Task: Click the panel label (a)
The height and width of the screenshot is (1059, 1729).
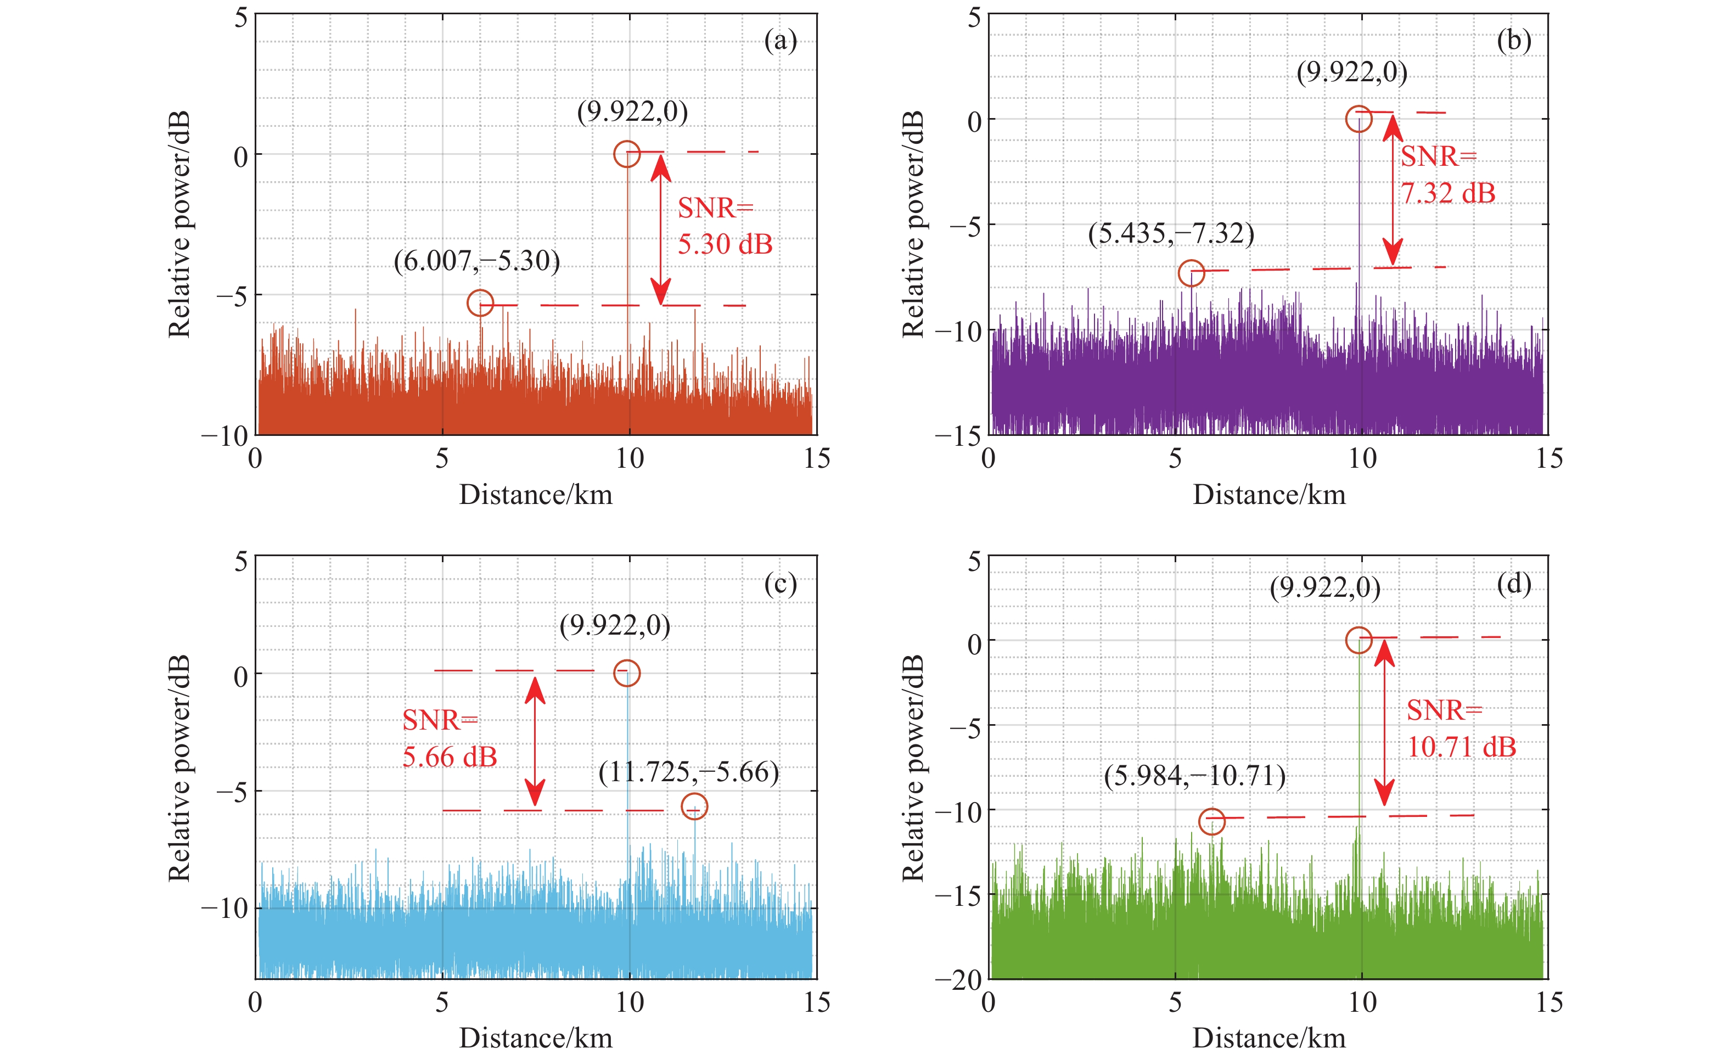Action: (x=781, y=41)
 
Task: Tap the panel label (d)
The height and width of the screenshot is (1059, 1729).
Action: (x=1514, y=584)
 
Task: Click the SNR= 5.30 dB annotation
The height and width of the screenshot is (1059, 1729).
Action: (x=724, y=226)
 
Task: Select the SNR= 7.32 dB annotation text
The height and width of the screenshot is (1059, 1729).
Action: (x=1447, y=174)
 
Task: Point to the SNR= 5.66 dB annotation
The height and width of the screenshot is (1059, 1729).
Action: (x=449, y=738)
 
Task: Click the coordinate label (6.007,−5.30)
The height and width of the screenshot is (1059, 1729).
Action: (x=476, y=261)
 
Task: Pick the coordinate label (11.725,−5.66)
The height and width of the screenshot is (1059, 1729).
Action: (x=688, y=772)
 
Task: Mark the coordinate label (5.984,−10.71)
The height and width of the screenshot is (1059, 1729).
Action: (x=1194, y=776)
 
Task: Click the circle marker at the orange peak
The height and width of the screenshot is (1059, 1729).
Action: (x=627, y=154)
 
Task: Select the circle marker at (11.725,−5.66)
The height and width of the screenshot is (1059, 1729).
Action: (x=694, y=806)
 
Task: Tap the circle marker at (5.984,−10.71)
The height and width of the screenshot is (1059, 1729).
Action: (x=1212, y=821)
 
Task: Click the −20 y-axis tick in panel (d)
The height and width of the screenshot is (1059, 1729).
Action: (x=958, y=980)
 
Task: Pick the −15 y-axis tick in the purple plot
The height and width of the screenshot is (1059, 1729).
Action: (x=958, y=436)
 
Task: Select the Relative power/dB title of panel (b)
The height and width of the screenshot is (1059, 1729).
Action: (x=913, y=225)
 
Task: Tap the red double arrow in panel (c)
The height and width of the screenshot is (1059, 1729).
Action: (x=535, y=742)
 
